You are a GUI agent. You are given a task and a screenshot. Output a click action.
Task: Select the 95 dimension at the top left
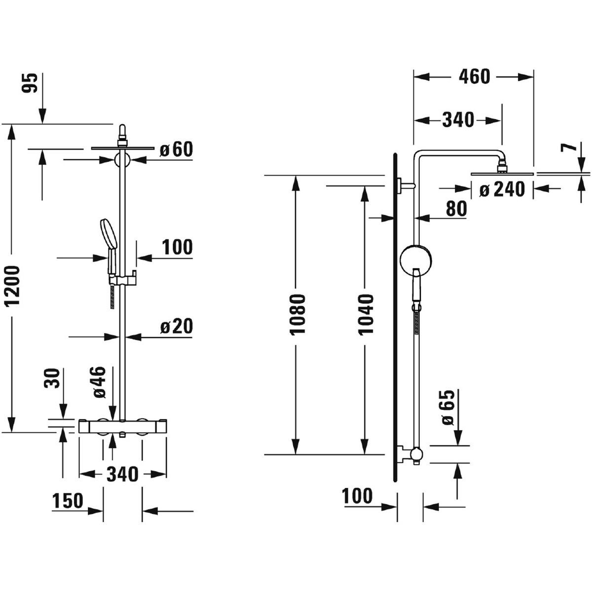click(x=30, y=83)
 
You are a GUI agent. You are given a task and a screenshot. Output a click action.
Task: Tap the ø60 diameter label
click(x=176, y=149)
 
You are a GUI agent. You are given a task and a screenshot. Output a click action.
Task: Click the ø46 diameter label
click(x=98, y=382)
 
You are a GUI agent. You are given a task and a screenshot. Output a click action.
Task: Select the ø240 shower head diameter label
click(x=502, y=188)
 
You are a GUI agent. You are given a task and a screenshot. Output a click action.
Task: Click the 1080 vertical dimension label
click(x=298, y=314)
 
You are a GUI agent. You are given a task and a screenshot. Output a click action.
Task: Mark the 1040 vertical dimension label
click(x=366, y=314)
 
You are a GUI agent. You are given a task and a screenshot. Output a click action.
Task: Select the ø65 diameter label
click(x=447, y=407)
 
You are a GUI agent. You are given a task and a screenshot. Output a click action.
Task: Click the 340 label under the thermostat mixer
click(x=123, y=474)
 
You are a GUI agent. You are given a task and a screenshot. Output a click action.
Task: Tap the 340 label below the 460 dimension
click(x=458, y=120)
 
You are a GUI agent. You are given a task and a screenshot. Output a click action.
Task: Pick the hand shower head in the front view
click(x=107, y=234)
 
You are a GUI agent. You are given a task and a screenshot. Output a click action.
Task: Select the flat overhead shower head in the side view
click(x=502, y=173)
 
